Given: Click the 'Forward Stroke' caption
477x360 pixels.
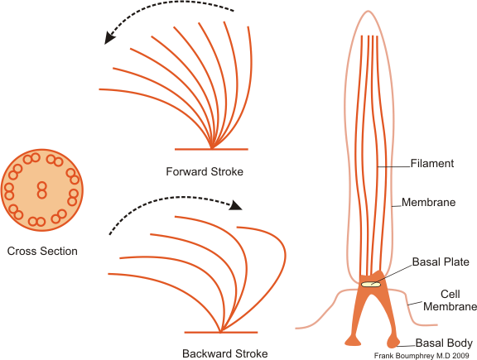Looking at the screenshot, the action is [x=205, y=172].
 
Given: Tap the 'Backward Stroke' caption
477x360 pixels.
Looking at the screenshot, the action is [x=225, y=353].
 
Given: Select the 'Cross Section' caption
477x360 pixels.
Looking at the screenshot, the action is [x=42, y=251].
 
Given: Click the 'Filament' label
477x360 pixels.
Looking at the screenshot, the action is [x=432, y=163].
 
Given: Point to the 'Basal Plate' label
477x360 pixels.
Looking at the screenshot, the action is [x=441, y=262].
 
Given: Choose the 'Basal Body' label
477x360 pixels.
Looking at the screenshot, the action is [x=444, y=343].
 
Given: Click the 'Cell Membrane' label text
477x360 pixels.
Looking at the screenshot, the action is [x=450, y=300].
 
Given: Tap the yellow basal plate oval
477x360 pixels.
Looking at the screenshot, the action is [x=371, y=285].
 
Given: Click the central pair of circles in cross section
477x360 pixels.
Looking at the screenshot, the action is [x=42, y=190].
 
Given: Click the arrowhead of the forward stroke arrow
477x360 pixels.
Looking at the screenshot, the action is [x=110, y=37].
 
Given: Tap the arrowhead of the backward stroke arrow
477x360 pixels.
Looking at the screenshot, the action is [x=235, y=205].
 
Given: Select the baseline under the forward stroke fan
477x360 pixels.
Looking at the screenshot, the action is [x=211, y=149].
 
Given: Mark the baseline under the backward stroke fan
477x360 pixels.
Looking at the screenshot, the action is [x=221, y=333].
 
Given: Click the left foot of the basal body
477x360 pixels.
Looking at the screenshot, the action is [x=353, y=341].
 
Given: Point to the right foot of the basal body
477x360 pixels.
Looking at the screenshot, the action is [x=393, y=342].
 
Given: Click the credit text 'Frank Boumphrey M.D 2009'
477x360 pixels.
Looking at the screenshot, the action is [x=422, y=356].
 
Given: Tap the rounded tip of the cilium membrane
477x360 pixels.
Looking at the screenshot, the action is [x=368, y=12].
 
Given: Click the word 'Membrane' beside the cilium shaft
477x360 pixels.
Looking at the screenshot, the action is [x=429, y=202].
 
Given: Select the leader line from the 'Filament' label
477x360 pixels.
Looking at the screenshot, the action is [x=394, y=166].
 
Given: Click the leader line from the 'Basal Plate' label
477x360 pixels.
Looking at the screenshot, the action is [x=392, y=275].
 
